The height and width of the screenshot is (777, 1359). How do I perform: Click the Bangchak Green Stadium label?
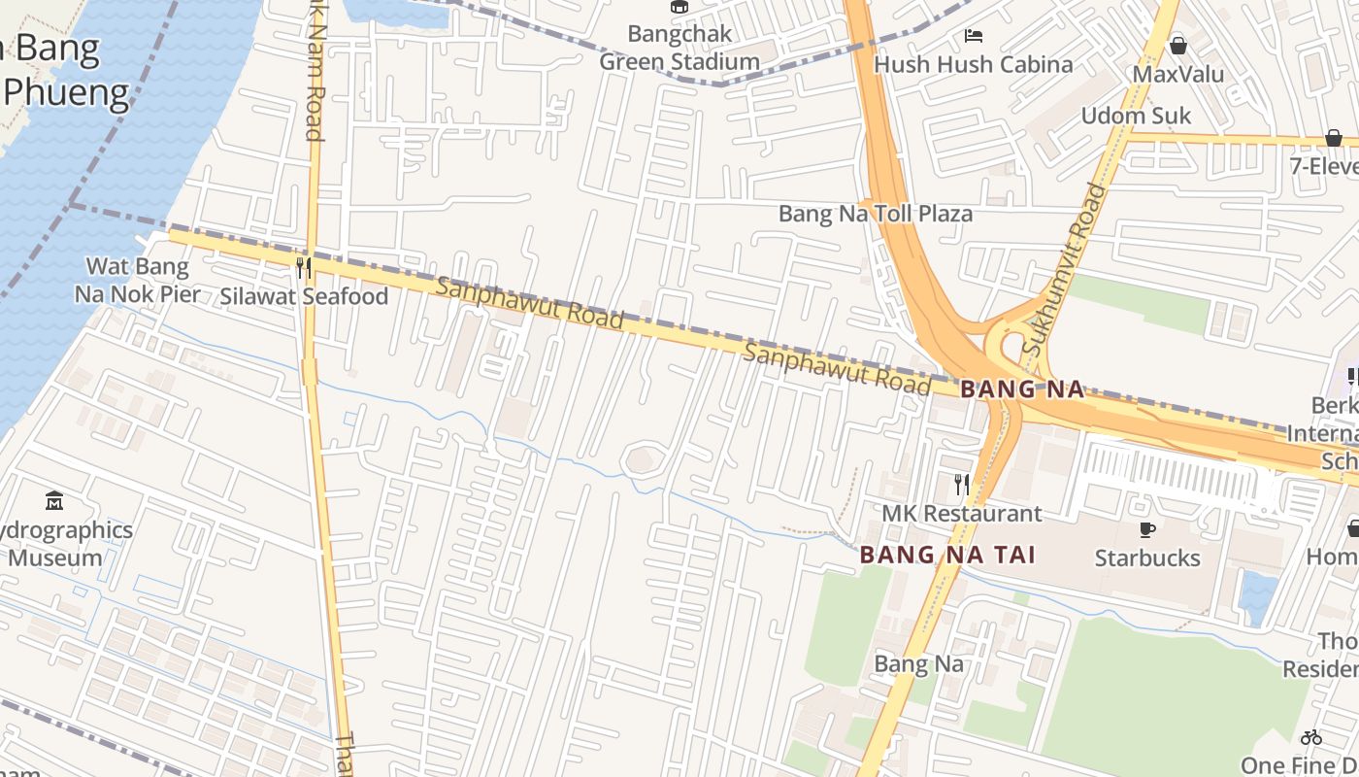coord(679,48)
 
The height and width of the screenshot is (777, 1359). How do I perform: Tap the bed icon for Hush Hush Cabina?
coord(974,37)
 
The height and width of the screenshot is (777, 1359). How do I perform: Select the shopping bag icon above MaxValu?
coord(1178,46)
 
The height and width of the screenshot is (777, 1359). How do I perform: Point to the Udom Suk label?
coord(1136,116)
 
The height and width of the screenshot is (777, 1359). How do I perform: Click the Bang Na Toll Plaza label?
coord(875,214)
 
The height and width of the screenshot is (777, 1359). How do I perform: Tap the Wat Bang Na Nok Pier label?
coord(137,280)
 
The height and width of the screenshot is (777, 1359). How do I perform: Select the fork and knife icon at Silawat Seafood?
coord(304,268)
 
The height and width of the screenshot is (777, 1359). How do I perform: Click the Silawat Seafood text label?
coord(304,296)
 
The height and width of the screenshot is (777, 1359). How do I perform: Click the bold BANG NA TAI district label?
coord(947,555)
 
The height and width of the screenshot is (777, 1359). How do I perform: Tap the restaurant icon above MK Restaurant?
coord(961,484)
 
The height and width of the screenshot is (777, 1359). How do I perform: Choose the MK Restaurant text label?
coord(961,513)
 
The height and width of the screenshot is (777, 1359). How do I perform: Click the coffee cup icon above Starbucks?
coord(1146,529)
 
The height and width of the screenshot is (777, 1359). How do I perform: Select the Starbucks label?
coord(1146,557)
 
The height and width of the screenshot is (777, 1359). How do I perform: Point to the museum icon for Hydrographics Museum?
coord(54,501)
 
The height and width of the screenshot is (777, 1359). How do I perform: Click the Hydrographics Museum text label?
coord(66,544)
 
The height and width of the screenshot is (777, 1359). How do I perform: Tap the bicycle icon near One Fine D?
coord(1311,737)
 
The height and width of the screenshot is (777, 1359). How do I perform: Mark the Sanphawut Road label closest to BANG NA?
coord(837,368)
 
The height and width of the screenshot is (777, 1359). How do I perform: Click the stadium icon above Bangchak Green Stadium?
coord(679,8)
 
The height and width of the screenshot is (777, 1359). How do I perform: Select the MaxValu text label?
coord(1178,74)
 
